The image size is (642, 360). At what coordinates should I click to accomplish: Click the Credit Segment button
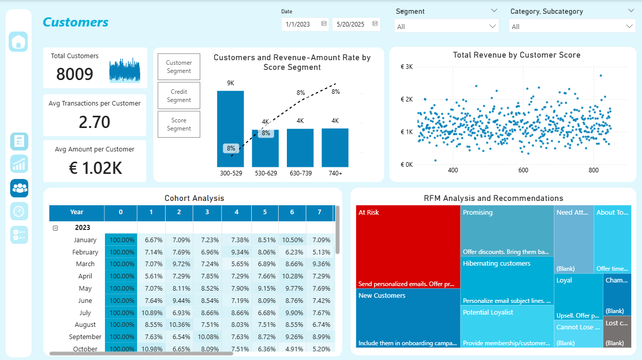point(179,96)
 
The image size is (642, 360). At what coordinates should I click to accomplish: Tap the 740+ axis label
point(335,173)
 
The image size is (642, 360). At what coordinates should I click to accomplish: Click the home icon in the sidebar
point(18,42)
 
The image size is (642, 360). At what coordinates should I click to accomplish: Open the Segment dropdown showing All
point(446,26)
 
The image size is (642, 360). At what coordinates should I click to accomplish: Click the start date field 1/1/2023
point(305,24)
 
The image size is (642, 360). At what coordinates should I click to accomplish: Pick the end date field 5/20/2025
point(356,24)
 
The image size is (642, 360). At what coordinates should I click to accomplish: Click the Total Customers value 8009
point(75,74)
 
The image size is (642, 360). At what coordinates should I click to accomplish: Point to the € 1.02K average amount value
point(95,168)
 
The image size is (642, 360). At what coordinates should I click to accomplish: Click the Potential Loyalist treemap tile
point(507,326)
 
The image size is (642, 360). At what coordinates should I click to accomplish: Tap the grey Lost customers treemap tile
point(617,332)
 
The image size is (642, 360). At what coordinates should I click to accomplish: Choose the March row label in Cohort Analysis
point(85,264)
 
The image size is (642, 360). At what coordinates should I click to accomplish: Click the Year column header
point(76,212)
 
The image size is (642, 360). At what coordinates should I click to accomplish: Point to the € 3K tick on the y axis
point(406,67)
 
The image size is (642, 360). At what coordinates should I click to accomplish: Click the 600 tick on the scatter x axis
point(523,170)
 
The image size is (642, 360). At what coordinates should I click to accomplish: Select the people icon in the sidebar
point(19,188)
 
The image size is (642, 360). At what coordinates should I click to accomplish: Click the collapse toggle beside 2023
point(56,228)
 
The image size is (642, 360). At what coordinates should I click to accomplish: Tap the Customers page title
point(75,22)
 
